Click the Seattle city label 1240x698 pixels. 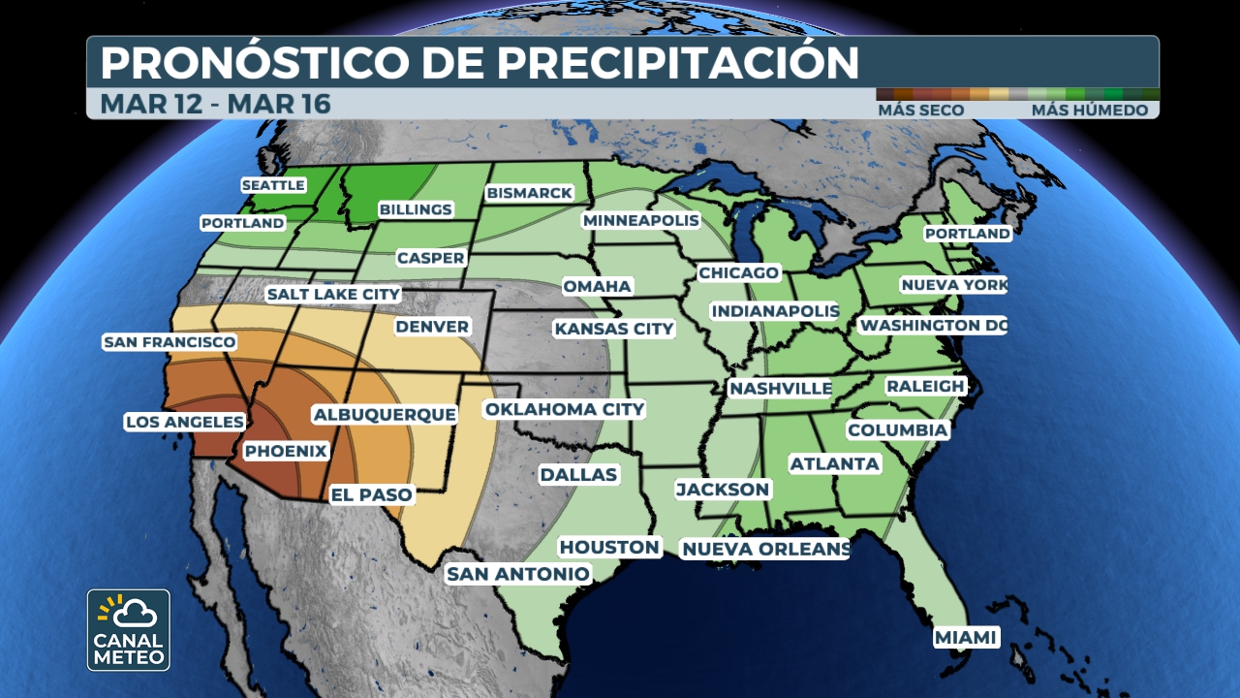273,185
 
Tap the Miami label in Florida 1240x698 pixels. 966,637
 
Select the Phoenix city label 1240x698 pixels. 286,451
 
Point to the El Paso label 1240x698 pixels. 372,494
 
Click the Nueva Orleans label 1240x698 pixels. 765,550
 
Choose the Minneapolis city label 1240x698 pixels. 640,221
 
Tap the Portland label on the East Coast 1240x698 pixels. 967,234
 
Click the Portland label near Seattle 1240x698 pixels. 242,223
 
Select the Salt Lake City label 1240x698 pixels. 333,294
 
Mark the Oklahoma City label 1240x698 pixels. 565,409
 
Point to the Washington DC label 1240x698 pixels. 933,325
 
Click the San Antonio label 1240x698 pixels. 517,574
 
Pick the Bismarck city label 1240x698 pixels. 530,193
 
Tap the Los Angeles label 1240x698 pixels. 185,422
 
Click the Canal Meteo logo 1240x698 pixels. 128,630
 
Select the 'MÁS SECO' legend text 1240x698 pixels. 920,111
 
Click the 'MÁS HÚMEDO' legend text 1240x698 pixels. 1089,111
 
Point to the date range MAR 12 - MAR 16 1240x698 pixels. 216,104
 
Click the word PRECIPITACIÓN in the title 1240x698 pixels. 678,63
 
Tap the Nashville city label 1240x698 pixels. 780,388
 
